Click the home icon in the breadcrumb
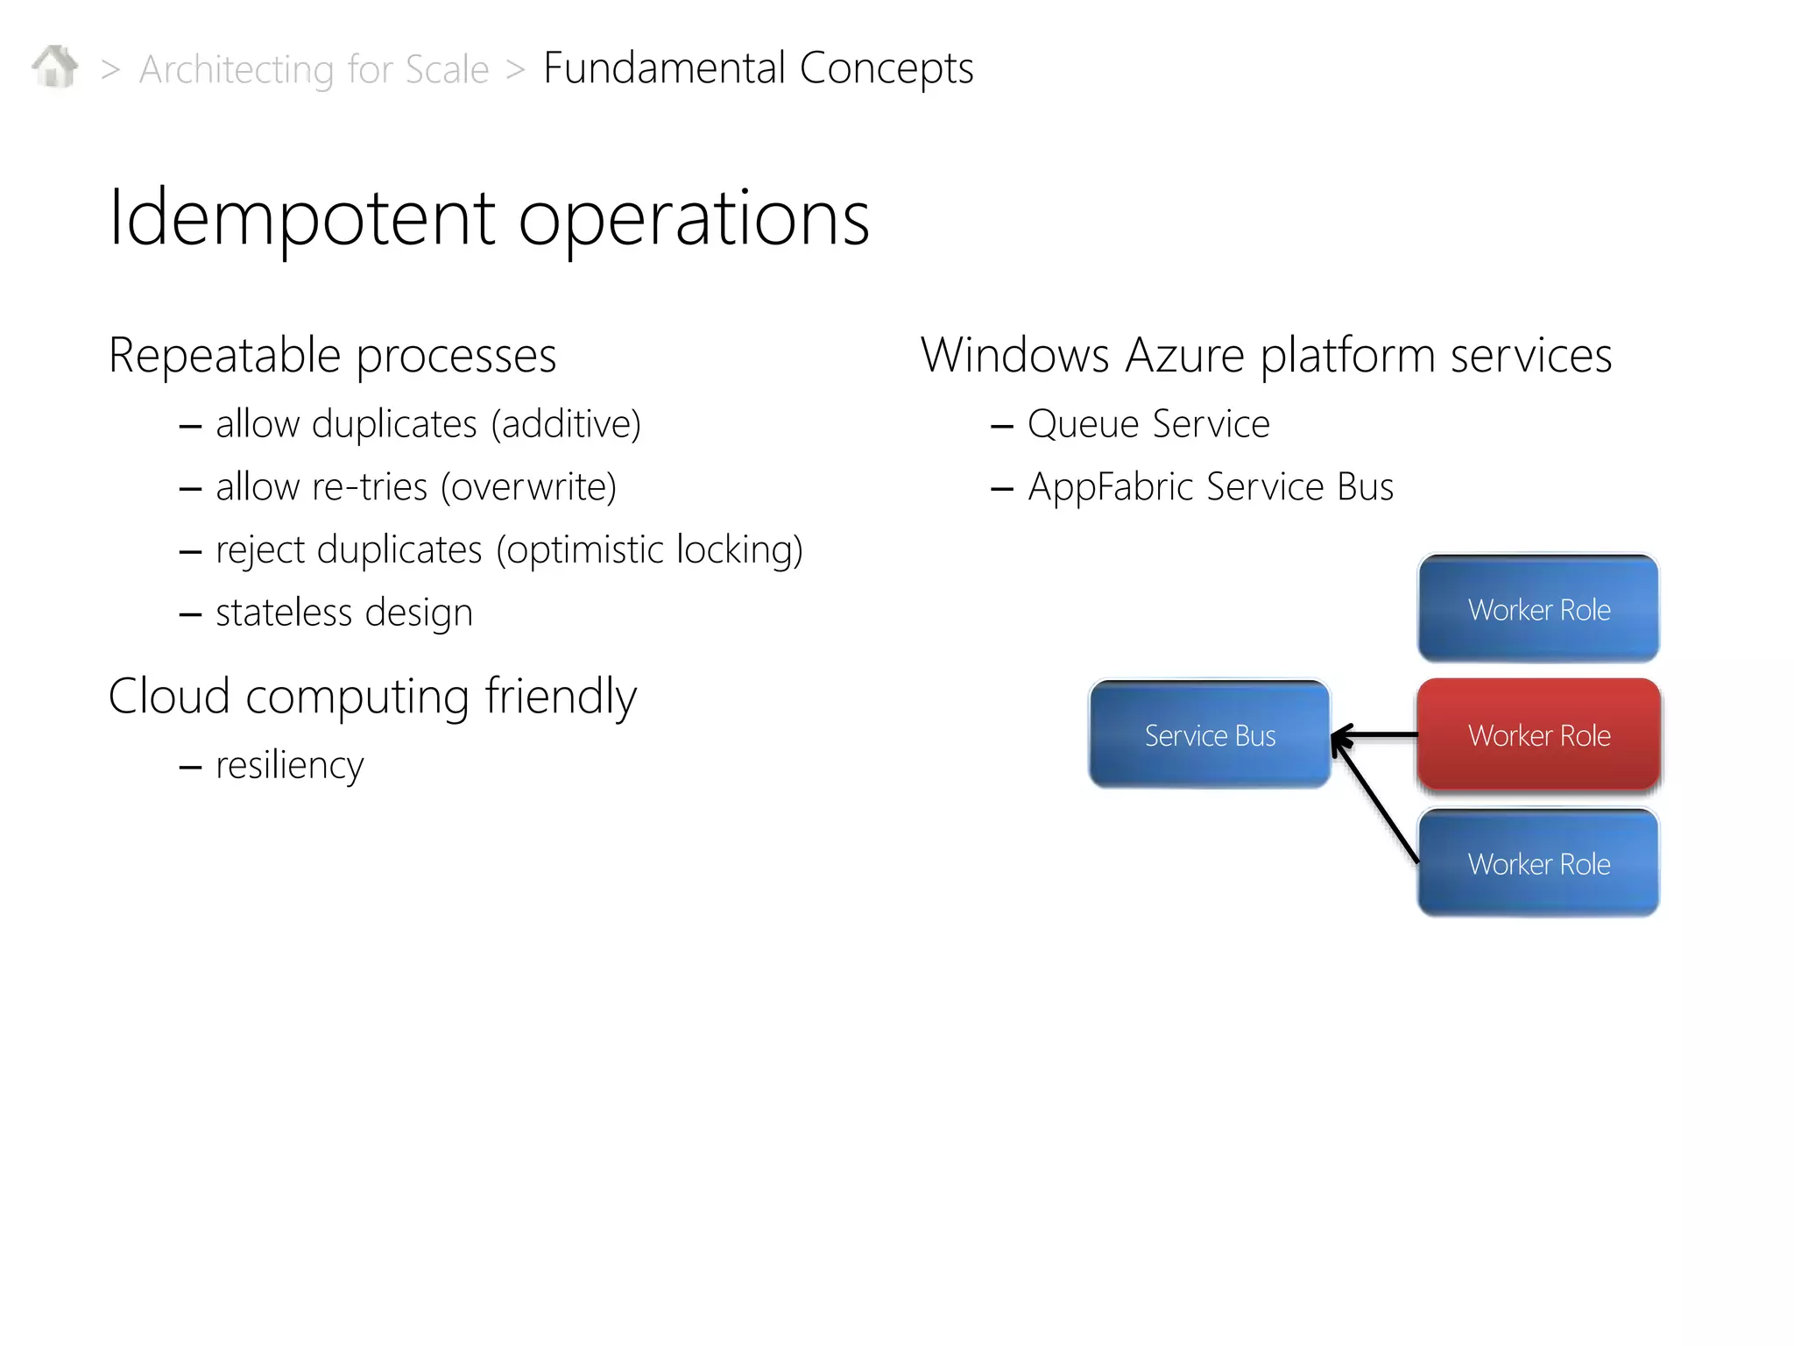(55, 67)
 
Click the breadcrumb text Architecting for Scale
(314, 69)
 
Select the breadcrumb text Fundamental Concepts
(758, 67)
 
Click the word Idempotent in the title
(302, 218)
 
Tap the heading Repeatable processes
(332, 356)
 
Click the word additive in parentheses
(566, 424)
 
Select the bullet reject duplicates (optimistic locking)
(508, 550)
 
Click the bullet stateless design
(343, 613)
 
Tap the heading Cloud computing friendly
(372, 697)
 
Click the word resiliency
(289, 765)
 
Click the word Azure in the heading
(1184, 356)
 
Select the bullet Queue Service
(1148, 424)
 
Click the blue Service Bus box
(1209, 734)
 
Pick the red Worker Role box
(1538, 734)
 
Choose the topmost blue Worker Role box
(1538, 608)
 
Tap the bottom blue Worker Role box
(1538, 863)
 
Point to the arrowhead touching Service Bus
(1339, 738)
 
